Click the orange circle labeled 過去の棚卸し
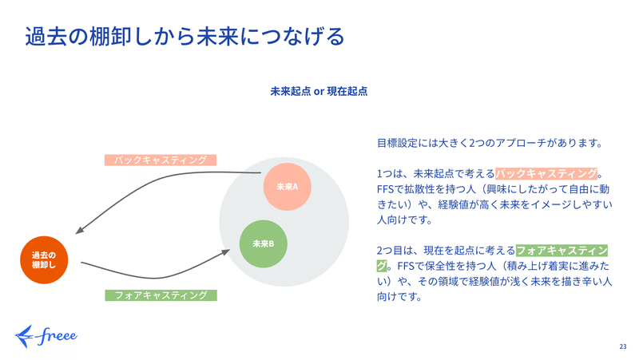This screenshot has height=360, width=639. (44, 259)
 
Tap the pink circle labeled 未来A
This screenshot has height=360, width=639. (288, 187)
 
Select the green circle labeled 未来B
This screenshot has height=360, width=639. (264, 244)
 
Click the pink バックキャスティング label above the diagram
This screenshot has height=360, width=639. (161, 160)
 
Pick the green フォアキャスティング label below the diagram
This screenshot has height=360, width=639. (161, 295)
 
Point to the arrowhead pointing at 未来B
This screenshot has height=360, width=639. (225, 252)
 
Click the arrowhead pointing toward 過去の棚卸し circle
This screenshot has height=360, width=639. (80, 230)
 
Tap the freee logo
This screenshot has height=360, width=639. (46, 336)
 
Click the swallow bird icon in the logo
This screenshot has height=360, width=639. (25, 336)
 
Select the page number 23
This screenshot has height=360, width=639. (623, 346)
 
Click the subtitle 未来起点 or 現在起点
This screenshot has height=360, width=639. (319, 91)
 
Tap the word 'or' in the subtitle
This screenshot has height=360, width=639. (319, 92)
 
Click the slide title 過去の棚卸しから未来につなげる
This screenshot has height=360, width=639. (185, 36)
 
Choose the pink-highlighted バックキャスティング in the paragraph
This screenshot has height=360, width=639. (546, 174)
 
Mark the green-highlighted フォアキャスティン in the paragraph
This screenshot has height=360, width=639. (562, 251)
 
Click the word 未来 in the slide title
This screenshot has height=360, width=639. (217, 36)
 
